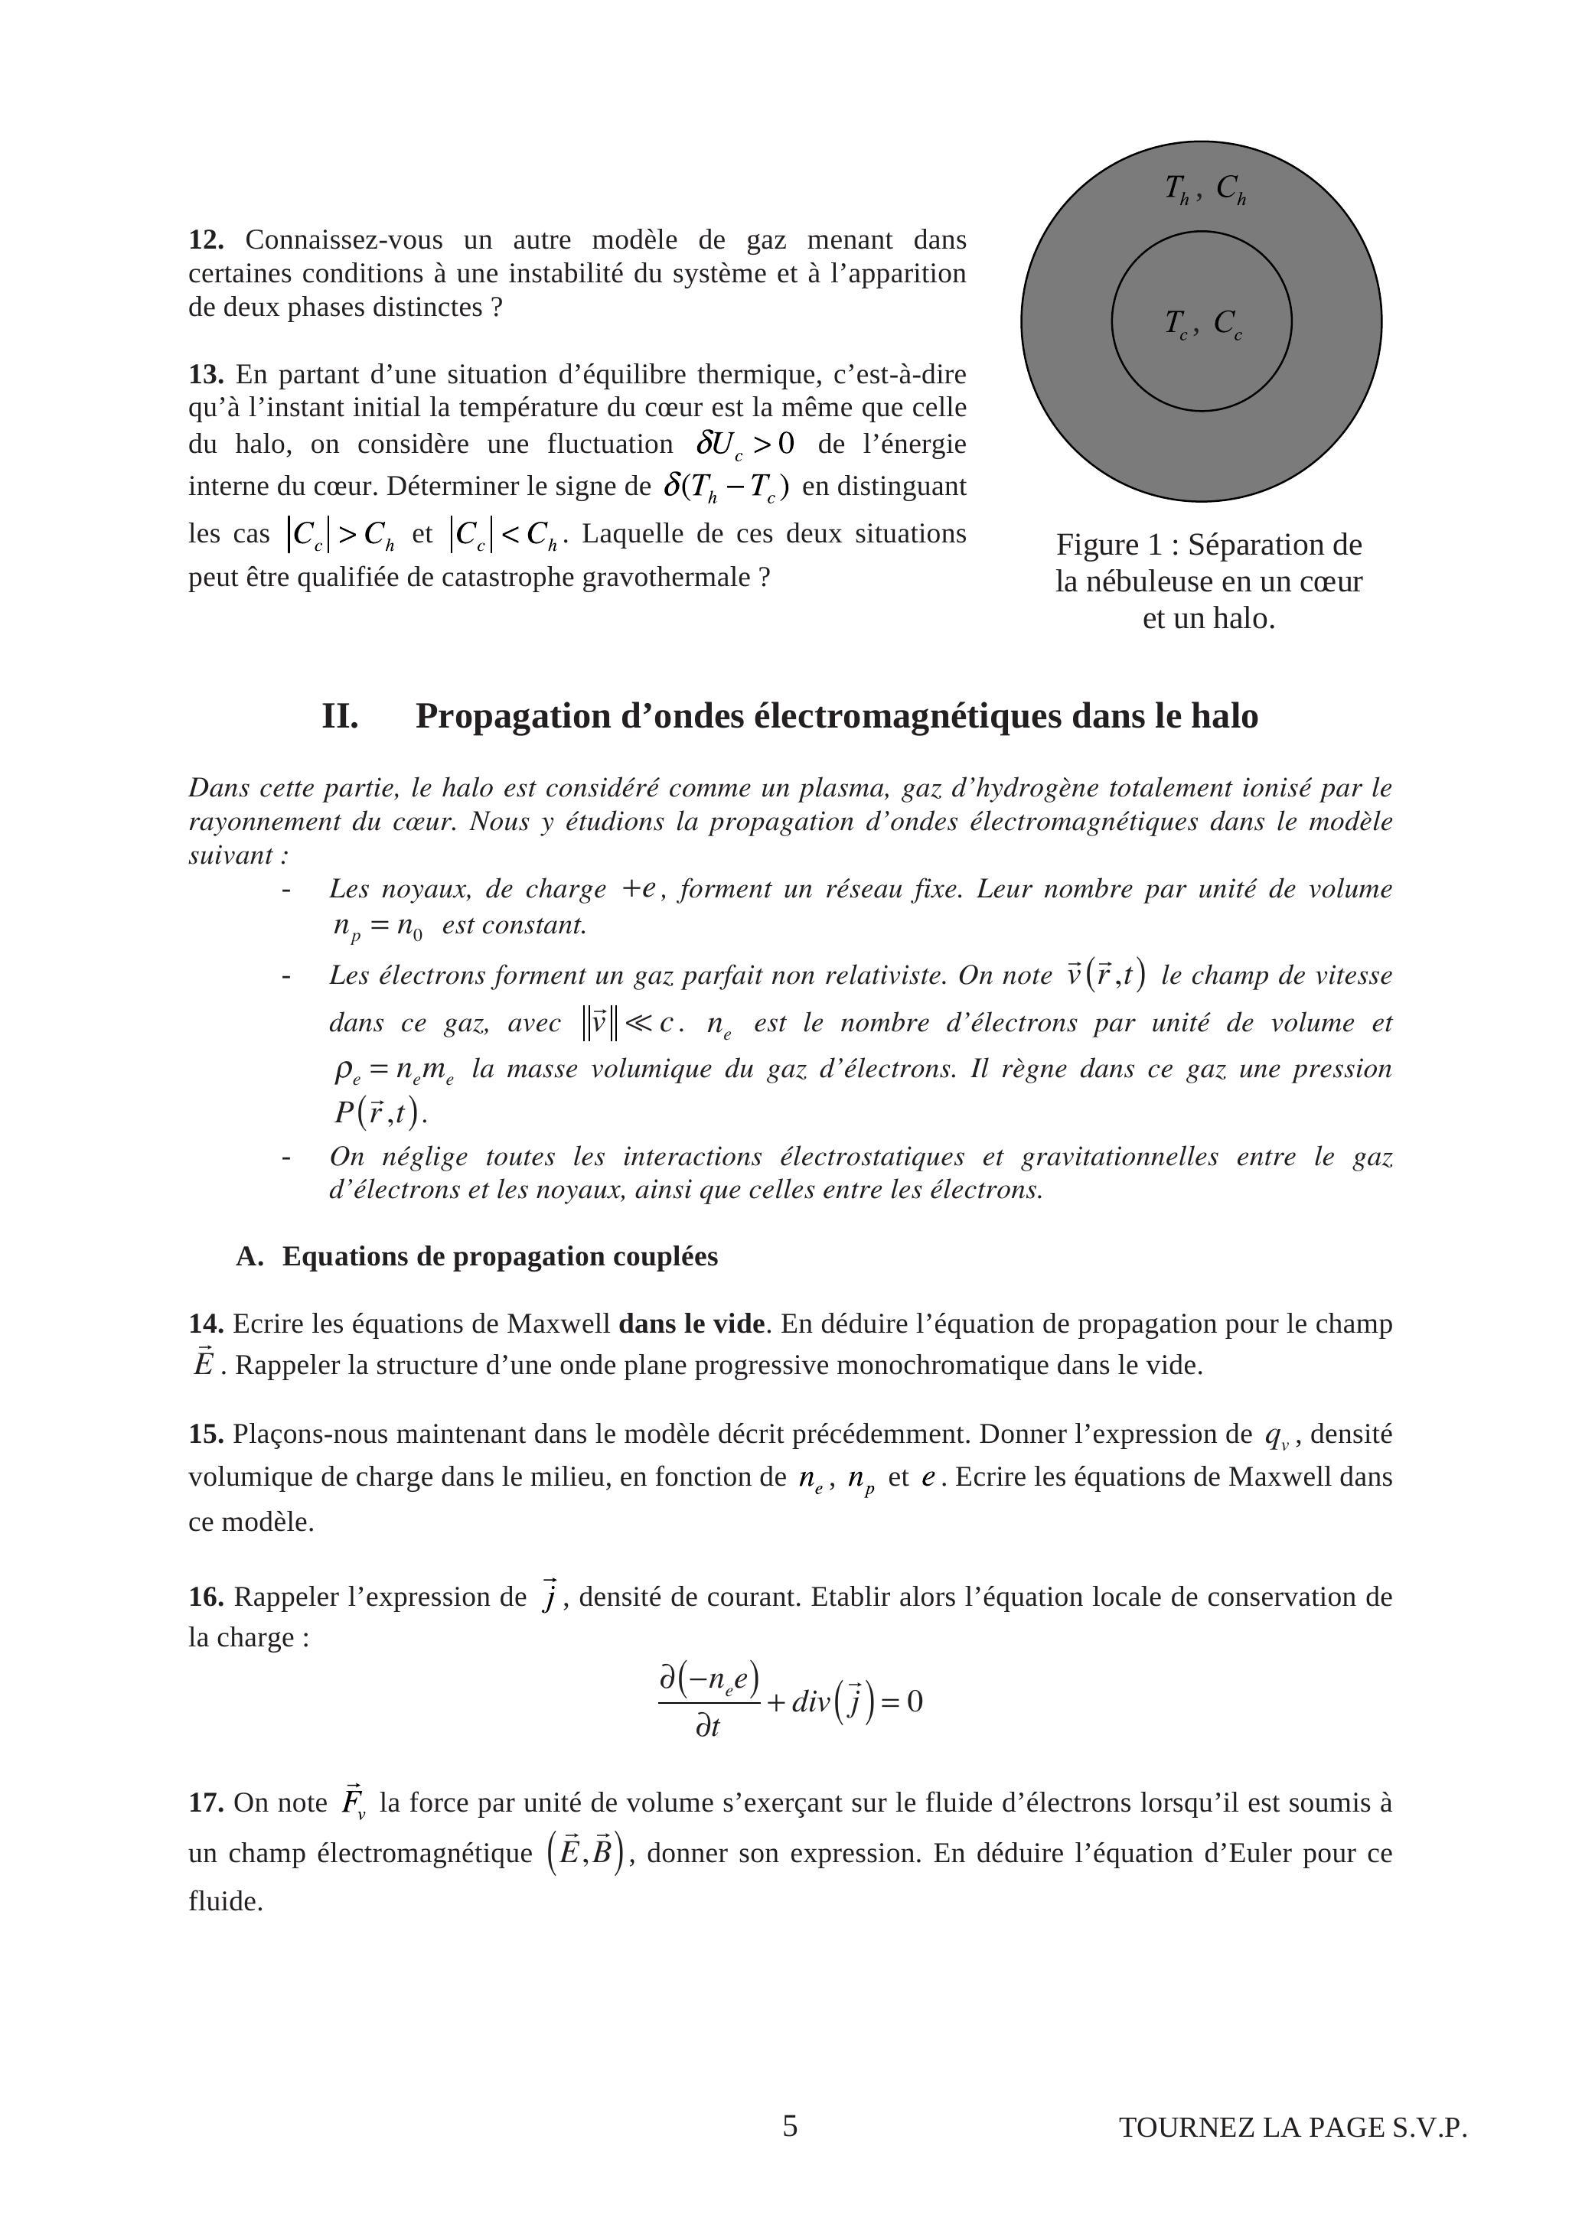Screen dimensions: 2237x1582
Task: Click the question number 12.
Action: pyautogui.click(x=206, y=239)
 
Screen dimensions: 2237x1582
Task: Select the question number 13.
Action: pyautogui.click(x=206, y=374)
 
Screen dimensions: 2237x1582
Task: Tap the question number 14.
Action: pyautogui.click(x=206, y=1324)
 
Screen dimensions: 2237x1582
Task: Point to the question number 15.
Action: pyautogui.click(x=206, y=1434)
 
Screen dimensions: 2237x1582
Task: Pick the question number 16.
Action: pyautogui.click(x=206, y=1597)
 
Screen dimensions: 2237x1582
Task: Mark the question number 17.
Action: pyautogui.click(x=206, y=1802)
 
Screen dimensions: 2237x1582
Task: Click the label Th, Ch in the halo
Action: pyautogui.click(x=1205, y=188)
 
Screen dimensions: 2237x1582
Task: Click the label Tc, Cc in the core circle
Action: pyautogui.click(x=1203, y=324)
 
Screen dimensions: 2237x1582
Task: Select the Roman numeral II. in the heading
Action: pyautogui.click(x=340, y=716)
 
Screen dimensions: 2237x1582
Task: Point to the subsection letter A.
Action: pyautogui.click(x=249, y=1257)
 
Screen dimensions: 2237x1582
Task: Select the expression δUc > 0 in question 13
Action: pyautogui.click(x=745, y=445)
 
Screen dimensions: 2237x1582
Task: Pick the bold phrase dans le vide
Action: pyautogui.click(x=691, y=1324)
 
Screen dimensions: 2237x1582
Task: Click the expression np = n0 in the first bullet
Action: pyautogui.click(x=378, y=926)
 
